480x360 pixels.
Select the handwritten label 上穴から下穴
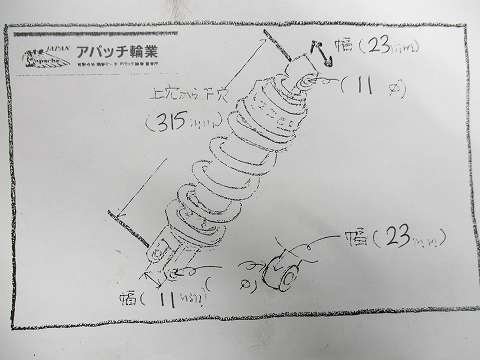[179, 96]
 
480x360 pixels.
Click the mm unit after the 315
[199, 128]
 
